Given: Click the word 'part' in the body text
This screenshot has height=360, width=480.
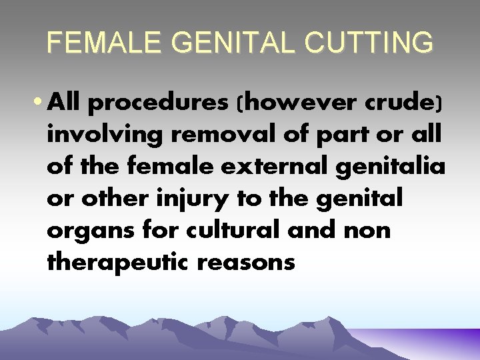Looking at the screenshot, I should coord(324,135).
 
